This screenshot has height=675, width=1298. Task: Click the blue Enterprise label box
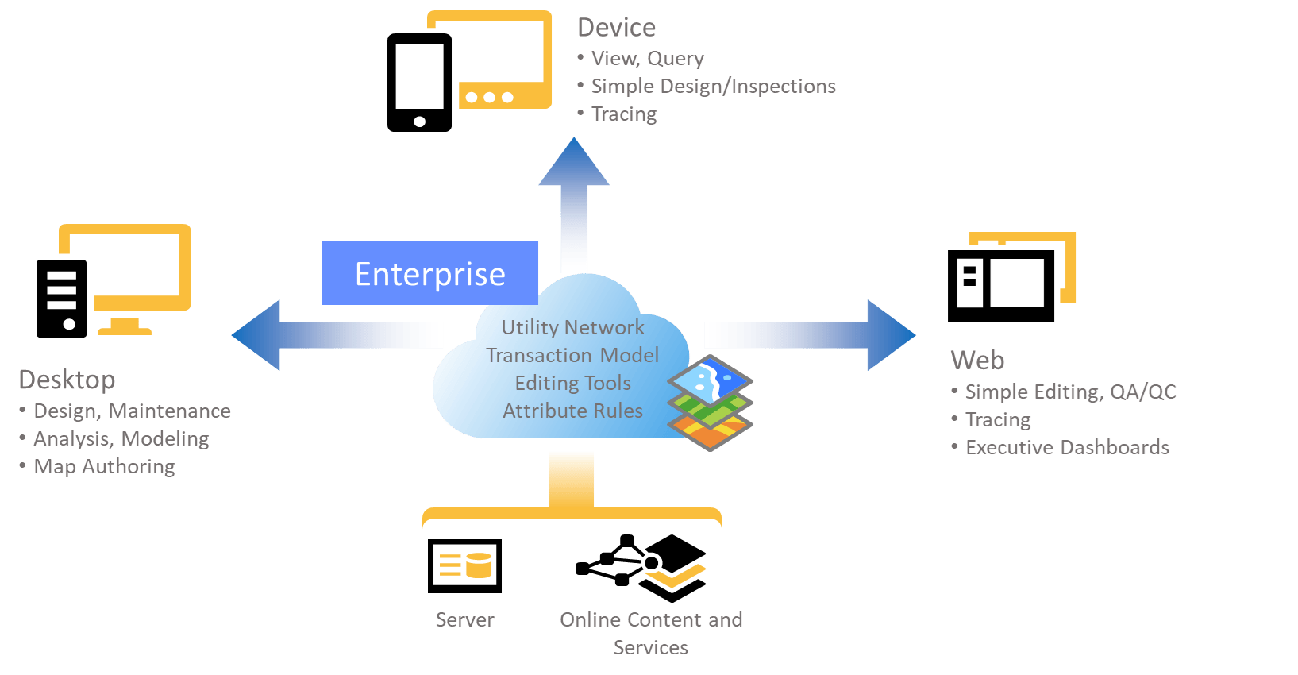(429, 273)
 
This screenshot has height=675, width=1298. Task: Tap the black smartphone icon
(419, 83)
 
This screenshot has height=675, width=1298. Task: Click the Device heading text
(617, 28)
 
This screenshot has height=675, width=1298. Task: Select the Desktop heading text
(67, 380)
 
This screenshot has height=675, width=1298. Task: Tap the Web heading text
(977, 360)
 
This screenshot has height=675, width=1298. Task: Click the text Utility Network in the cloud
(572, 327)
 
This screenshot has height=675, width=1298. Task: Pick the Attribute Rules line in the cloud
(572, 411)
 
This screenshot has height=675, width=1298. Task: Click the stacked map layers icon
(711, 403)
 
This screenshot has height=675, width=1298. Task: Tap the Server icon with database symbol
(464, 565)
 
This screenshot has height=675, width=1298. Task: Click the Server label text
(464, 619)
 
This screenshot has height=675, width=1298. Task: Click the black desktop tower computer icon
(61, 299)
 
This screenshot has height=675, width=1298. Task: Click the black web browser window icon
(1001, 285)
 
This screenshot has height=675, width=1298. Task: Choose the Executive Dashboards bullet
(1067, 447)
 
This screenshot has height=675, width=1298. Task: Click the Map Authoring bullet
(104, 466)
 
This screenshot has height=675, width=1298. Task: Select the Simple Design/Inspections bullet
(713, 86)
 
